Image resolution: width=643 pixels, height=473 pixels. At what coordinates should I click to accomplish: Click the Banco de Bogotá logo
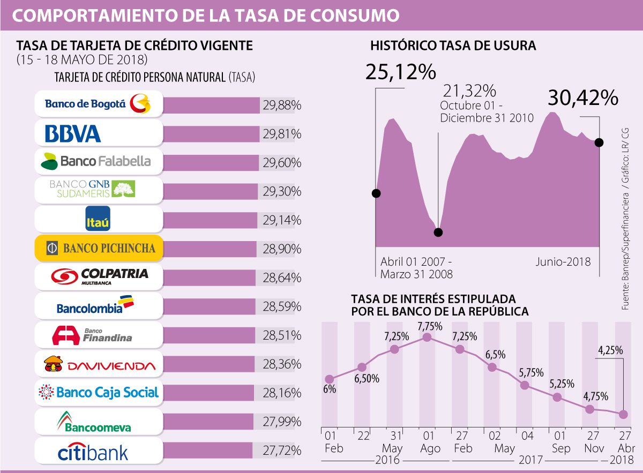click(98, 104)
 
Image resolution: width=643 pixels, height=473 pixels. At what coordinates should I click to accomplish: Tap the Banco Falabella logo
click(98, 161)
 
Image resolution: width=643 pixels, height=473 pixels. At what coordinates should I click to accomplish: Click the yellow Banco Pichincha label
click(98, 248)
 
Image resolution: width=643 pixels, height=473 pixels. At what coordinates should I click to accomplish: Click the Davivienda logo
click(98, 365)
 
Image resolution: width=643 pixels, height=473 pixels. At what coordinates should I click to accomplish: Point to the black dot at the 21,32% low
click(438, 232)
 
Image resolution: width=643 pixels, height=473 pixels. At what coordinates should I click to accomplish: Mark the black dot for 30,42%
click(599, 142)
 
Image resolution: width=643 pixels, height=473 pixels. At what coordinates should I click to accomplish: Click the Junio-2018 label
click(563, 262)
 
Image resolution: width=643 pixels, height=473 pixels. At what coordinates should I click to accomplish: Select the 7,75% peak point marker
click(427, 337)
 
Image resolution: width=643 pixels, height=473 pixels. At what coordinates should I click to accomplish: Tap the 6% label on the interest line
click(330, 389)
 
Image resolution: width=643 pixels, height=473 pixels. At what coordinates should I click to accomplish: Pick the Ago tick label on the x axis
click(427, 448)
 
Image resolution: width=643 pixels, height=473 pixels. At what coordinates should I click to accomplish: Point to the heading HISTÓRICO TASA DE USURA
click(453, 46)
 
